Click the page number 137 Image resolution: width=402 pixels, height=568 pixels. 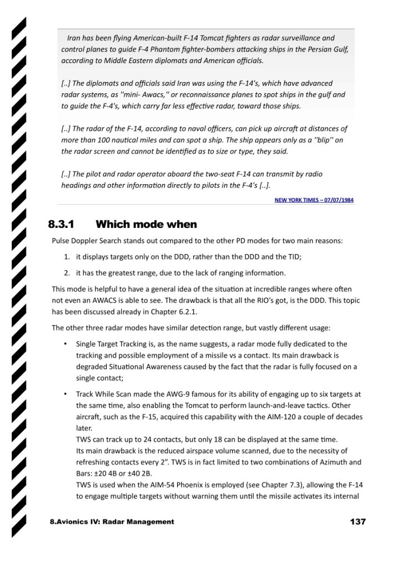358,521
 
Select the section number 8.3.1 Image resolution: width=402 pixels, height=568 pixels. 61,224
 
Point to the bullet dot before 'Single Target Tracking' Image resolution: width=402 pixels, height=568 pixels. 66,344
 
